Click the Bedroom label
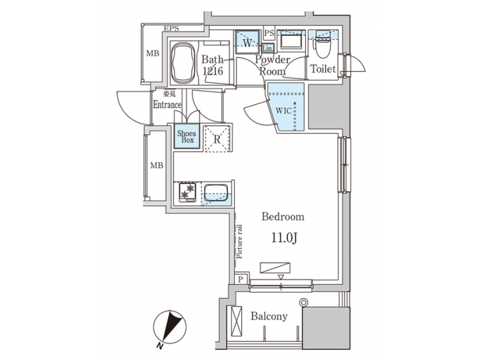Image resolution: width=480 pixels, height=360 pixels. coord(283,217)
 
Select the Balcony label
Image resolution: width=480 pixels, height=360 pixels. coord(269,316)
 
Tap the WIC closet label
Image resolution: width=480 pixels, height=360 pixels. coord(283,111)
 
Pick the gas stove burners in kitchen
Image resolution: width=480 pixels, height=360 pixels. coord(186,192)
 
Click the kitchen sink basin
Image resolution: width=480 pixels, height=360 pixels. coord(215,193)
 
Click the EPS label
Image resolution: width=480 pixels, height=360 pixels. coord(171,29)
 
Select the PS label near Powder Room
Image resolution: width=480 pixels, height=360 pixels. coord(269,33)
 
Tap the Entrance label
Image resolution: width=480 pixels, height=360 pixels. coord(167,105)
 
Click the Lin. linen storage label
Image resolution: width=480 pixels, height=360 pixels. coord(267,48)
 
